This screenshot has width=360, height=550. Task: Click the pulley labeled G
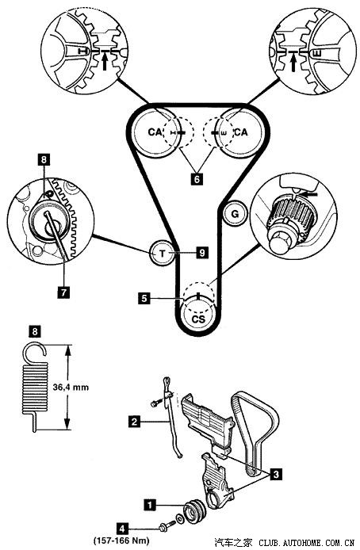(235, 213)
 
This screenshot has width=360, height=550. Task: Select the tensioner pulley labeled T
(162, 254)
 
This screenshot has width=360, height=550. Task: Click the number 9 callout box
(202, 253)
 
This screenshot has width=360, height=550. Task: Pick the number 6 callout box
(197, 179)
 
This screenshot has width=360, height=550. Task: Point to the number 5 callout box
(144, 299)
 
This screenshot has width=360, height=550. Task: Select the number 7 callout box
(63, 292)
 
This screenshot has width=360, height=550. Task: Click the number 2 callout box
(134, 421)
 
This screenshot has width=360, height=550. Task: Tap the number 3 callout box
(276, 475)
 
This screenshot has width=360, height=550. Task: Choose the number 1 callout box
(150, 505)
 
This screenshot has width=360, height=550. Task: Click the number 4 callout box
(122, 528)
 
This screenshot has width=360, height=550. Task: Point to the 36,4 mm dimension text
(71, 388)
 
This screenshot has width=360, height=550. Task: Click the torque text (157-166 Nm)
(121, 540)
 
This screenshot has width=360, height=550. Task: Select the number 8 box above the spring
(35, 331)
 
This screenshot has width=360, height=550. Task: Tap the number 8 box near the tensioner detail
(44, 160)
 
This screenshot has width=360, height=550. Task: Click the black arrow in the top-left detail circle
(105, 63)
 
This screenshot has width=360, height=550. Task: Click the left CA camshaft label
(155, 132)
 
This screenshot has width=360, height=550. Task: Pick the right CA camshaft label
(241, 132)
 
